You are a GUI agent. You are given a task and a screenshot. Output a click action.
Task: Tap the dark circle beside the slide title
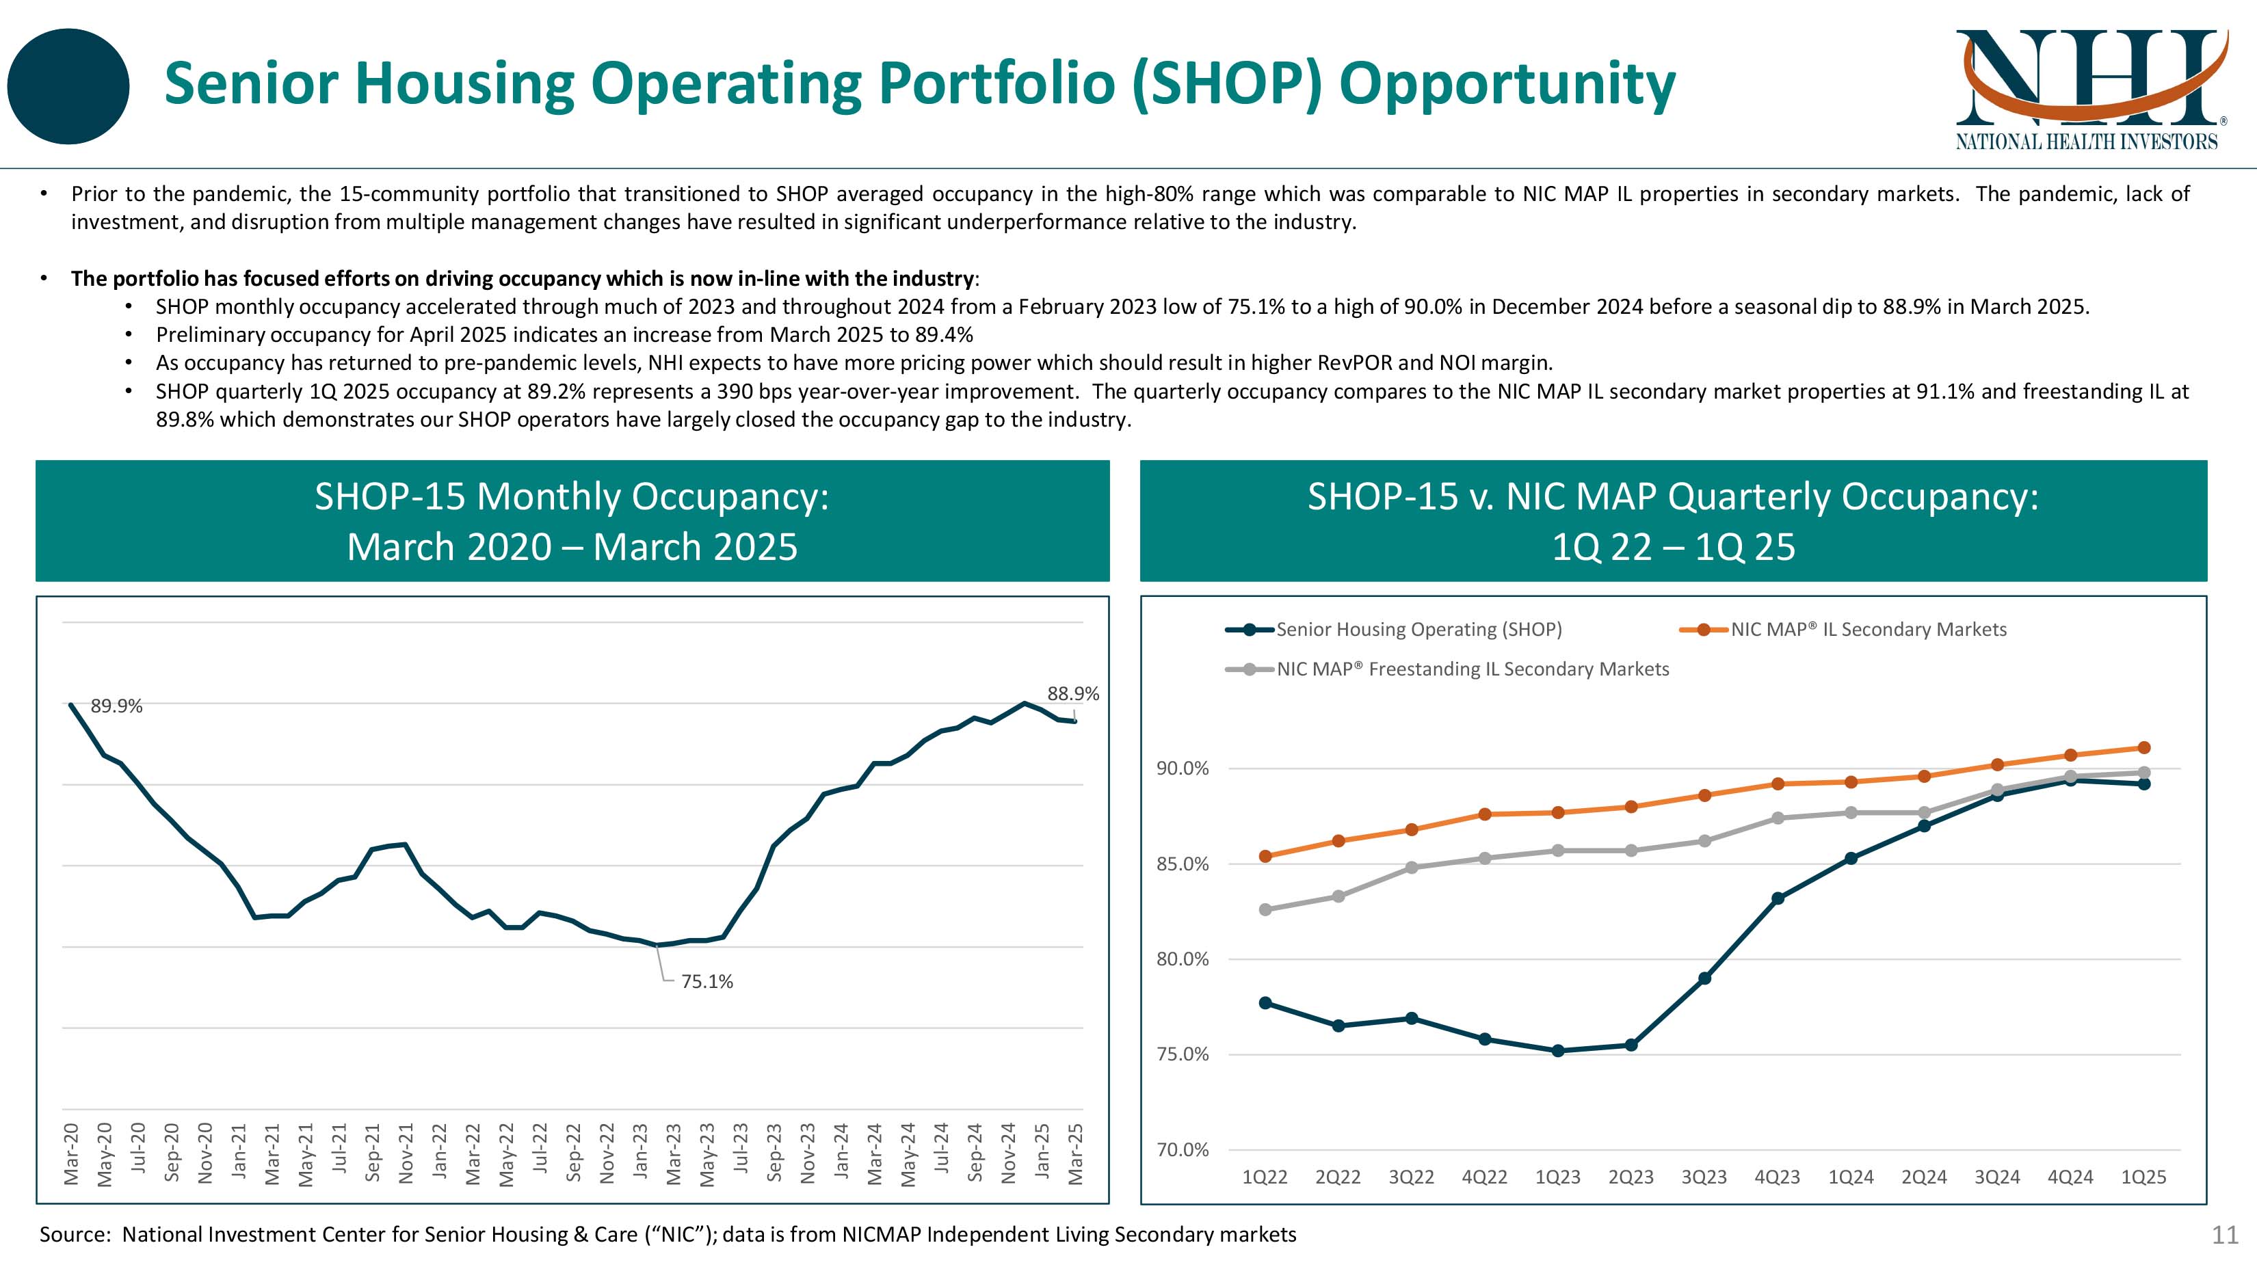tap(68, 86)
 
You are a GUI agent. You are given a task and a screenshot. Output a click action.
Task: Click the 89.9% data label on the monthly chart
tap(116, 706)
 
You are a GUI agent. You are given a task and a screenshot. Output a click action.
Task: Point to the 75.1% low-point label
tap(707, 982)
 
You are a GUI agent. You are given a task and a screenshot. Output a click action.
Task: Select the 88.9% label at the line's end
tap(1072, 693)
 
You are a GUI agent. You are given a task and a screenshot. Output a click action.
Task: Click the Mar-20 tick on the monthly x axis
tap(72, 1154)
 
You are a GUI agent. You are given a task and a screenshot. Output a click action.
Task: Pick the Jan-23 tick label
tap(640, 1154)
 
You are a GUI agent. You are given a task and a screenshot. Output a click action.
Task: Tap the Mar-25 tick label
tap(1076, 1154)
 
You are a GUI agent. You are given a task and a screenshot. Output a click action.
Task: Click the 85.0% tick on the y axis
tap(1182, 864)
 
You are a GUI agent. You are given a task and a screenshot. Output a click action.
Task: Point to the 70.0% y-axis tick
tap(1182, 1150)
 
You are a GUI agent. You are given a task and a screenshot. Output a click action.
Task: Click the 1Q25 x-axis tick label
tap(2143, 1178)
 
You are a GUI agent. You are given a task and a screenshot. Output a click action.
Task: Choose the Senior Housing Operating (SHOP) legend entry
tap(1418, 630)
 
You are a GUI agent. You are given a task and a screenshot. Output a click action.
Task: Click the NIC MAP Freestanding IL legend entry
tap(1472, 669)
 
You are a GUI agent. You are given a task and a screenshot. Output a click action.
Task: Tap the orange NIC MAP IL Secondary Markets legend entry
tap(1868, 630)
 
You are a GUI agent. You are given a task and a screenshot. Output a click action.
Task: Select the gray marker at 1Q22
tap(1265, 910)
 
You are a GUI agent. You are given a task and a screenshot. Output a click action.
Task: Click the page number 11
tap(2226, 1235)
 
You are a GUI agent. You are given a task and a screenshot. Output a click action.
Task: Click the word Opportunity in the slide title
tap(1507, 84)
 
